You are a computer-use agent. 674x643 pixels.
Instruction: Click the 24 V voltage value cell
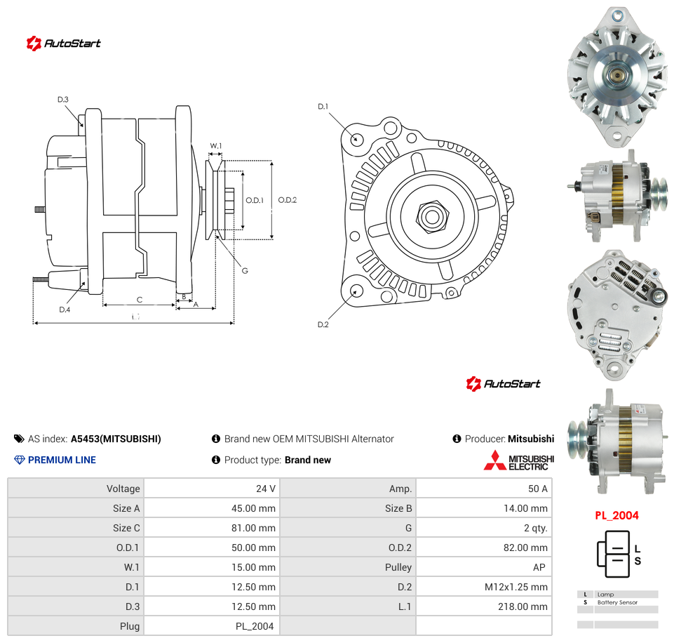pos(266,489)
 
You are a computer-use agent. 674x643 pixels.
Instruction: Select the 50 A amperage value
pos(538,489)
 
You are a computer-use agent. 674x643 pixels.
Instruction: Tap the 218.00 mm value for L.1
pos(523,606)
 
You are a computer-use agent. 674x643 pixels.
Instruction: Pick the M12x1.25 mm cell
pos(515,587)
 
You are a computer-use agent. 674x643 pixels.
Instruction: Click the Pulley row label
pos(398,567)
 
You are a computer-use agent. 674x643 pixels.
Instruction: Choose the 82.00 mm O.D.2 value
pos(525,548)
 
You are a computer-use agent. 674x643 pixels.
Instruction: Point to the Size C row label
pos(126,528)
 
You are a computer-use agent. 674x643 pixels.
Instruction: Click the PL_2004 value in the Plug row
pos(255,626)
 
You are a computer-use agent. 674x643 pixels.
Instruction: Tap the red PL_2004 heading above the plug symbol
pos(616,515)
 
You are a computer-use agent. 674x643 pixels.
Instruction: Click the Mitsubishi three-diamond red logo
pos(494,460)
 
